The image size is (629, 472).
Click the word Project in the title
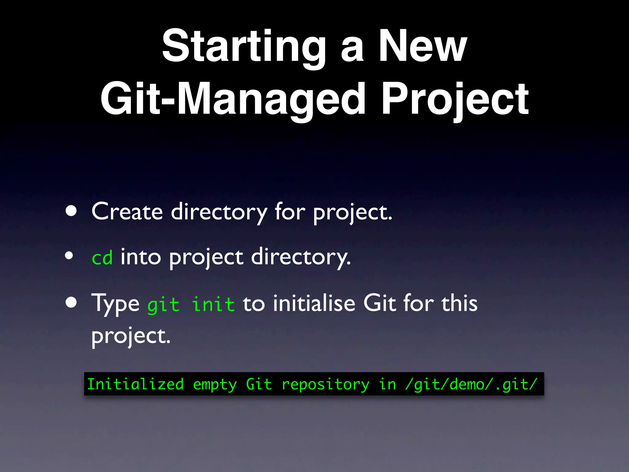pos(455,99)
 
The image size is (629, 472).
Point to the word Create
pos(127,211)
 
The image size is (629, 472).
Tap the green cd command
pos(102,258)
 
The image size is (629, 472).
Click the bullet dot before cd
pos(69,255)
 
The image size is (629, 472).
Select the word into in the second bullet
pos(141,257)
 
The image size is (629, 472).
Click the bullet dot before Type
pos(71,302)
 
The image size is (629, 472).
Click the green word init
pos(213,305)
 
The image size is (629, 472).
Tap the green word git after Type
pos(163,305)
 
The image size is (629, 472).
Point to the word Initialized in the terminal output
pos(135,384)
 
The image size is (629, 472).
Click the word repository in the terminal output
pos(326,384)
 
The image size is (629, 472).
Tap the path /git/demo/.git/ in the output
pos(471,384)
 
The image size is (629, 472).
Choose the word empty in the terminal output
pos(215,384)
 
